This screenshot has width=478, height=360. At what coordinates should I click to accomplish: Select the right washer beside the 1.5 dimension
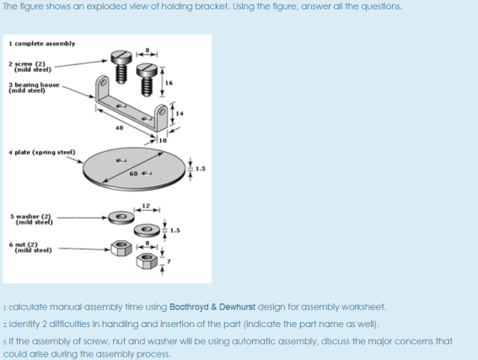148,229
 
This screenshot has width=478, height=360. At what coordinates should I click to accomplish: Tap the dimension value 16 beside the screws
169,83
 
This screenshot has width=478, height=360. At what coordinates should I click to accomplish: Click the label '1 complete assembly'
41,43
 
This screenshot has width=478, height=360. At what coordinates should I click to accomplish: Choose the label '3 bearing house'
35,85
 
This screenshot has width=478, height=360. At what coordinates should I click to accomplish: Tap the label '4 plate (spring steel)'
42,153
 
